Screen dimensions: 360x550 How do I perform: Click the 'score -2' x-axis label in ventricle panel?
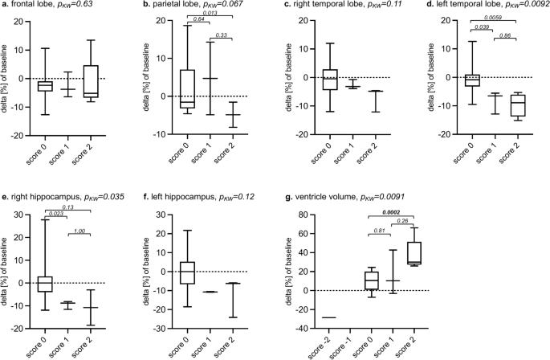[328, 344]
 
